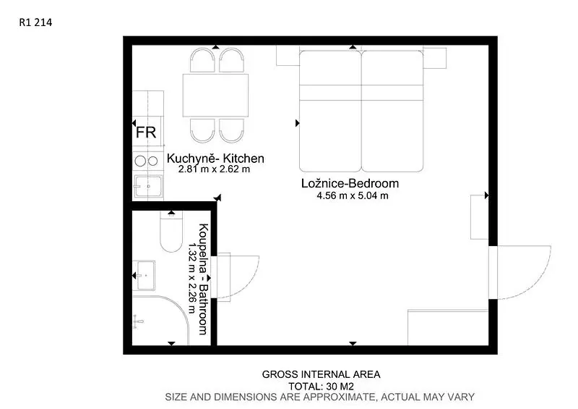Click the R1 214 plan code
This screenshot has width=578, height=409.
click(x=35, y=22)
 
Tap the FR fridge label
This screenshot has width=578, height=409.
click(x=146, y=132)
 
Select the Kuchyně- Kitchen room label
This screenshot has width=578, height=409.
click(x=215, y=159)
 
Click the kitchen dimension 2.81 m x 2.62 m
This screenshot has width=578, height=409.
click(x=214, y=169)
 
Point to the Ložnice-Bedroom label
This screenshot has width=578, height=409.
click(x=350, y=183)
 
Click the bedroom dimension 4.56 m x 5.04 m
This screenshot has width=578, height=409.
click(x=353, y=195)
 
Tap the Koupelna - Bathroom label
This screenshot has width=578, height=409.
click(x=203, y=279)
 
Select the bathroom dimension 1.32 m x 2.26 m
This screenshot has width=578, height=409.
click(x=192, y=278)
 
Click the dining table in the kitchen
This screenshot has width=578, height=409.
click(x=215, y=96)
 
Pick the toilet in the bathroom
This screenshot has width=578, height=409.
click(x=171, y=232)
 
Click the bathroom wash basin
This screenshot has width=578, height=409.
click(x=144, y=276)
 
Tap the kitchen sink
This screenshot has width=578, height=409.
click(x=148, y=186)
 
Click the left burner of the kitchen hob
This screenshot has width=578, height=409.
click(x=140, y=161)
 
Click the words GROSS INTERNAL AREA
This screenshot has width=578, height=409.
click(x=321, y=375)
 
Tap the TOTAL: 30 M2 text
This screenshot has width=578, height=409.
click(x=321, y=387)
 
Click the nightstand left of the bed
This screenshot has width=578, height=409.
click(x=288, y=56)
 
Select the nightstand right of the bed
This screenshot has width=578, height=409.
click(x=435, y=58)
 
